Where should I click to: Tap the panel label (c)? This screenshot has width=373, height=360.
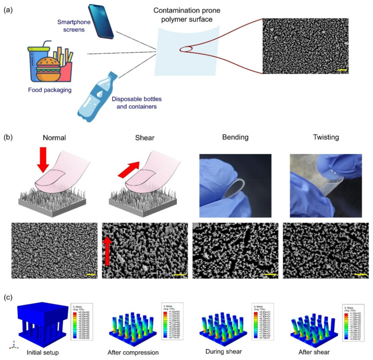[x=9, y=297]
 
